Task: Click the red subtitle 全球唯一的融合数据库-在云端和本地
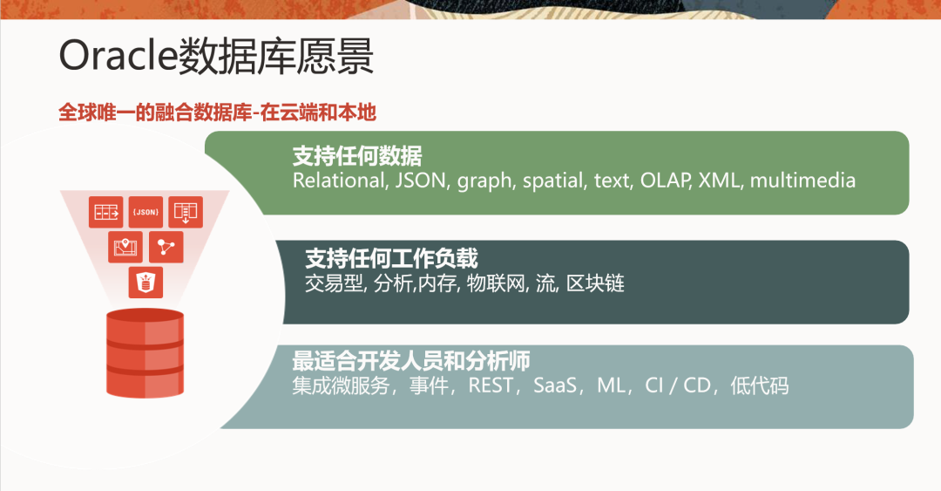pyautogui.click(x=217, y=113)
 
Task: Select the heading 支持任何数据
pyautogui.click(x=357, y=156)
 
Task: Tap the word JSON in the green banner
pyautogui.click(x=421, y=181)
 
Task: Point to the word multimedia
pyautogui.click(x=802, y=181)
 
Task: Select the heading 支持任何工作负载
pyautogui.click(x=391, y=258)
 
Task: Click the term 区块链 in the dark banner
pyautogui.click(x=595, y=283)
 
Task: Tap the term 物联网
pyautogui.click(x=498, y=283)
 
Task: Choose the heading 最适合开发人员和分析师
pyautogui.click(x=411, y=360)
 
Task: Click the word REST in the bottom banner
pyautogui.click(x=491, y=385)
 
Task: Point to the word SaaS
pyautogui.click(x=555, y=385)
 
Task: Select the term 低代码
pyautogui.click(x=759, y=385)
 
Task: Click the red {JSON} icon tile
pyautogui.click(x=146, y=212)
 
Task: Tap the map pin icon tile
pyautogui.click(x=125, y=247)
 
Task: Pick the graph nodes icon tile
pyautogui.click(x=166, y=247)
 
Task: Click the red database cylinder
pyautogui.click(x=145, y=353)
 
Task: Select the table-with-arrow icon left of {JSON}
pyautogui.click(x=106, y=212)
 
